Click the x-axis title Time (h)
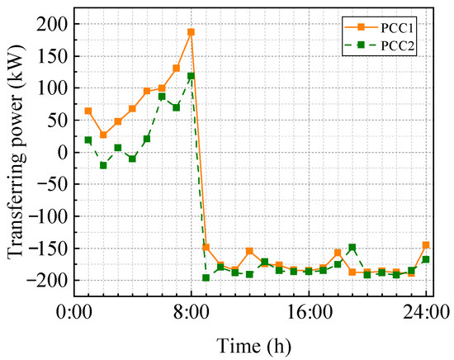[250, 343]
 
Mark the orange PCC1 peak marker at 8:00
[191, 32]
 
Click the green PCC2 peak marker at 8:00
[191, 76]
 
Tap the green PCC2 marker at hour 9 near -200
[206, 277]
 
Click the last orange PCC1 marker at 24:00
[426, 244]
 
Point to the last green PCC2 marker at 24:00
[426, 259]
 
